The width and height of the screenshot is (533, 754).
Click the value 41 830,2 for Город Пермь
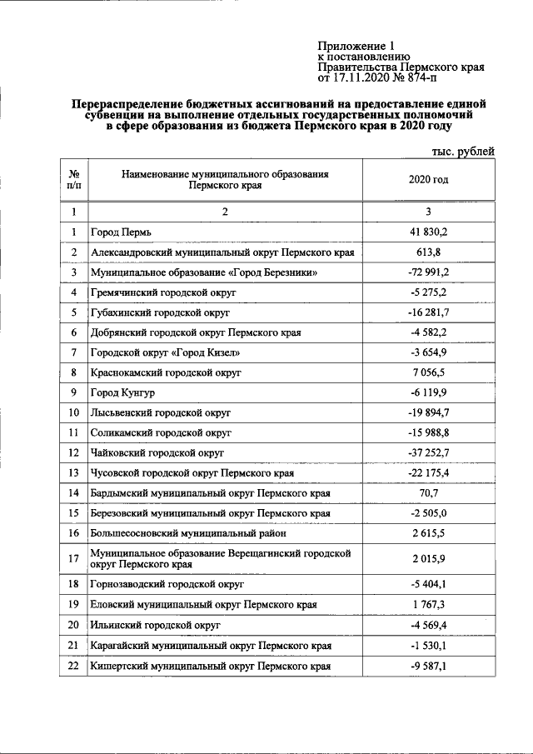coord(429,232)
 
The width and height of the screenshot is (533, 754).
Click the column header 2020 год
coord(429,181)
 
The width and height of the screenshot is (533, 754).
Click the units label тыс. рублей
coord(463,151)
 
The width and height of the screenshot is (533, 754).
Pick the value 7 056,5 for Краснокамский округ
coord(429,372)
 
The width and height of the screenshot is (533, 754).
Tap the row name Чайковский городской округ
coord(158,452)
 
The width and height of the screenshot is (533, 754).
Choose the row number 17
coord(74,558)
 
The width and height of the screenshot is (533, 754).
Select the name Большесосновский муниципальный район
coord(189,532)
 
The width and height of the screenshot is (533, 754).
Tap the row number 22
coord(74,666)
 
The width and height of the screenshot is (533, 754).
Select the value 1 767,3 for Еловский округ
coord(429,604)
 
